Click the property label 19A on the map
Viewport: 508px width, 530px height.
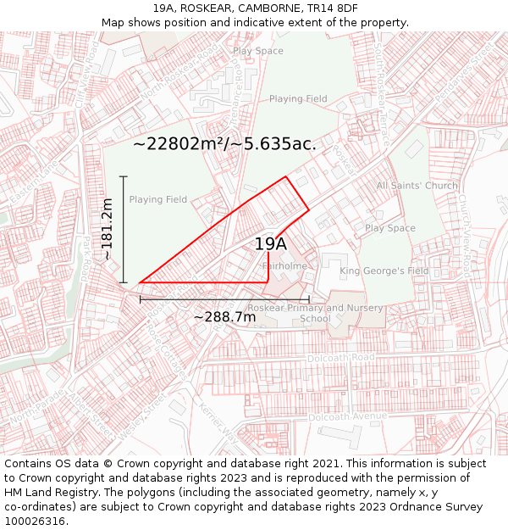[x=271, y=244]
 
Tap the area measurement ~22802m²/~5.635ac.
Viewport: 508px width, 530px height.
[x=224, y=143]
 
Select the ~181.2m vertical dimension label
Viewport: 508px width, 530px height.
[x=107, y=229]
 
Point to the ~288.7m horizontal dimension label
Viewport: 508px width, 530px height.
[x=224, y=317]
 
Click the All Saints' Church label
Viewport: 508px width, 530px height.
[x=417, y=186]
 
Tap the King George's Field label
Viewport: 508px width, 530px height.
[x=384, y=271]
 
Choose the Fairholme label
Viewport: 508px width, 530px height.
[x=284, y=265]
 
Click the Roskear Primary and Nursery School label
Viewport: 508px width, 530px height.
[x=315, y=314]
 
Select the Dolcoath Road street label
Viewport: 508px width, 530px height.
[x=341, y=358]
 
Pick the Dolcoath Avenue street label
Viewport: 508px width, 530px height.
[x=347, y=416]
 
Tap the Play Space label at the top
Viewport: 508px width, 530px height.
[x=258, y=51]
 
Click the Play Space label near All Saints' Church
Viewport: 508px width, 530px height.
[x=389, y=228]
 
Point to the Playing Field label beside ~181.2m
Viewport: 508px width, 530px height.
[x=157, y=200]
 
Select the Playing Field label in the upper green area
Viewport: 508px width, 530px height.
[x=298, y=99]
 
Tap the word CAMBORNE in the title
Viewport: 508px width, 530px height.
[x=261, y=8]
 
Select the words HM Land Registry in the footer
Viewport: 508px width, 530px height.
[x=47, y=493]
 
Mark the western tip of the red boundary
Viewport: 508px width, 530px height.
[x=140, y=282]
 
